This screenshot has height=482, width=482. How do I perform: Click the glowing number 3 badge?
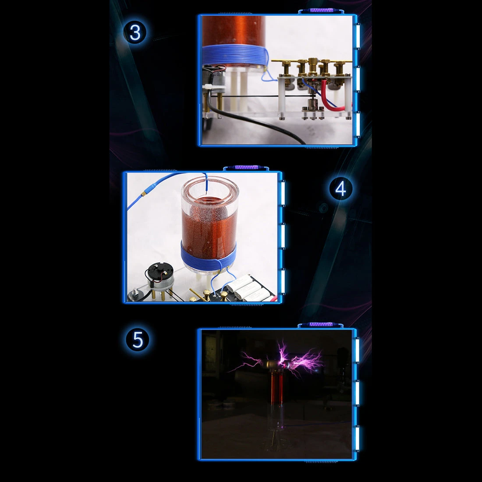(135, 32)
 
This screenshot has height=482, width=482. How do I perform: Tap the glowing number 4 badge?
(340, 188)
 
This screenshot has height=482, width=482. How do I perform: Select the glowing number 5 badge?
(138, 339)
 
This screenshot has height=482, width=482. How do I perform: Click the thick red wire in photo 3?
(330, 97)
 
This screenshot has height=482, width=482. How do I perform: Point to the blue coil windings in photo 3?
(234, 55)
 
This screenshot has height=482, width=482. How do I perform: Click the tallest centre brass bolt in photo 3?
(313, 66)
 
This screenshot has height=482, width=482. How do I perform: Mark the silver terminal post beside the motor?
(135, 295)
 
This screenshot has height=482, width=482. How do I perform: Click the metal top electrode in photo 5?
(276, 365)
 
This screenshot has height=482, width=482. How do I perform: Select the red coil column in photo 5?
(277, 387)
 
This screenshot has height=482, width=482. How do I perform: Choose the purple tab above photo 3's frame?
(322, 11)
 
